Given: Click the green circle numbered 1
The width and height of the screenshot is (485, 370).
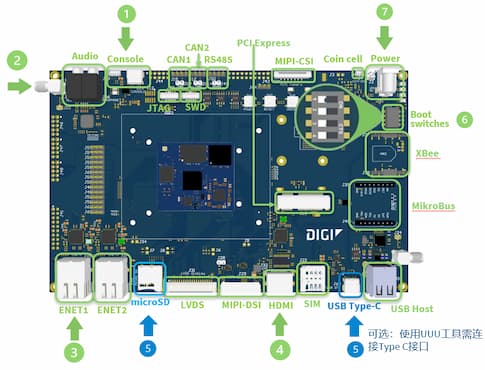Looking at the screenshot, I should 126,14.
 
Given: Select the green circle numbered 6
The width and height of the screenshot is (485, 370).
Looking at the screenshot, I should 464,118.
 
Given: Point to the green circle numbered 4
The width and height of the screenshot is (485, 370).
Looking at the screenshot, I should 281,350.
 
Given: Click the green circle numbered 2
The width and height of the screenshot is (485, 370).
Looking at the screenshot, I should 15,60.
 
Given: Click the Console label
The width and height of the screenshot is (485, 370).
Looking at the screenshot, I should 126,59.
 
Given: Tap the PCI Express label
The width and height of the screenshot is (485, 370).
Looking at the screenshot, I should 264,44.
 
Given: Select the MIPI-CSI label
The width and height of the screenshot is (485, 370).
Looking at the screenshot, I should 293,60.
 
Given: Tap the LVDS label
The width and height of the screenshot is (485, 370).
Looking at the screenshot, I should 193,303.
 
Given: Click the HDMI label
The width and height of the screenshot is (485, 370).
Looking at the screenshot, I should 280,303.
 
